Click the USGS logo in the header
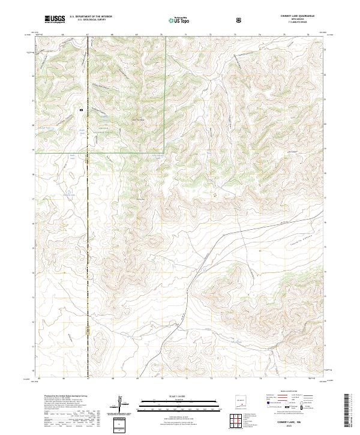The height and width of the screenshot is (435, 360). coord(55,20)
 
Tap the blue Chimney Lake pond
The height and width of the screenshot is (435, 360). coord(69,193)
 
